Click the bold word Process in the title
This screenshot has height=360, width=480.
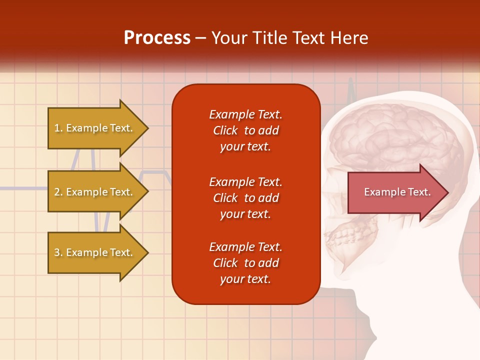(157, 38)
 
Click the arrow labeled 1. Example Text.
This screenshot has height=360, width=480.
(93, 128)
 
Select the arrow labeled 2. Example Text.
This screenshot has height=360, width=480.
(93, 192)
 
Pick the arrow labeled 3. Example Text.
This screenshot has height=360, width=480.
(93, 252)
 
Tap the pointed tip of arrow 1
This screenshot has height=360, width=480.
(147, 128)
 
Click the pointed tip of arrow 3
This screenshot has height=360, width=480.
(147, 252)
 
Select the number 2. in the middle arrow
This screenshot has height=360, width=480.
(58, 192)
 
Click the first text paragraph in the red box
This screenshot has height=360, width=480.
(245, 130)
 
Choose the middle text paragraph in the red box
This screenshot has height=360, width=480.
(245, 198)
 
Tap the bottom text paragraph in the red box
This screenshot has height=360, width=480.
(245, 263)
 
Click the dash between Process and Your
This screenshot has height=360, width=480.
(200, 39)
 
